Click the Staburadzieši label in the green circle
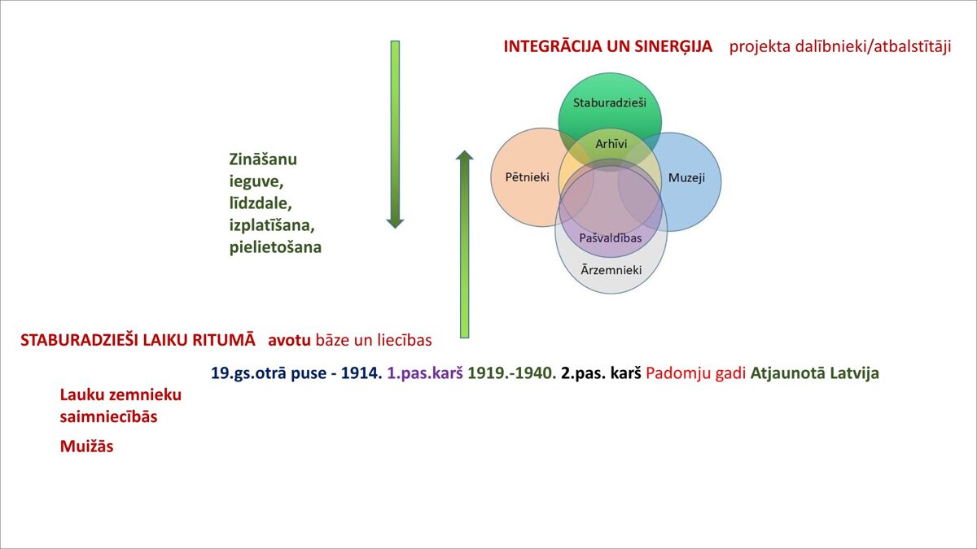pyautogui.click(x=609, y=102)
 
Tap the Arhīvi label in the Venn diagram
pyautogui.click(x=611, y=144)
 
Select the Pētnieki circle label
pyautogui.click(x=527, y=177)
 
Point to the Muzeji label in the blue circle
pyautogui.click(x=686, y=178)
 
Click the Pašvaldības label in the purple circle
pyautogui.click(x=610, y=237)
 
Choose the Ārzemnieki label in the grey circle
pyautogui.click(x=611, y=270)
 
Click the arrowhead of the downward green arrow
pyautogui.click(x=395, y=223)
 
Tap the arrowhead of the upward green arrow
pyautogui.click(x=465, y=155)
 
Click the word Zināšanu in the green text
pyautogui.click(x=263, y=159)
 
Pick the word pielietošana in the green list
pyautogui.click(x=275, y=247)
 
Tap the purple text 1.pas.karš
pyautogui.click(x=425, y=373)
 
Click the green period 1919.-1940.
pyautogui.click(x=511, y=373)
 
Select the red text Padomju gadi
pyautogui.click(x=695, y=373)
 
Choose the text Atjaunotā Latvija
pyautogui.click(x=814, y=373)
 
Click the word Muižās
pyautogui.click(x=86, y=447)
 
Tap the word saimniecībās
pyautogui.click(x=108, y=416)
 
